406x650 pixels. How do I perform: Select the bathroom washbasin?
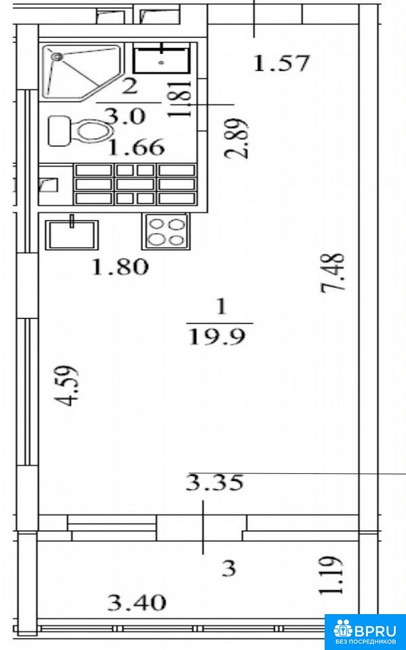pos(162,58)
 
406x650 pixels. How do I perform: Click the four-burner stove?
pos(165,232)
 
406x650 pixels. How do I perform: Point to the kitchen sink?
pos(72,234)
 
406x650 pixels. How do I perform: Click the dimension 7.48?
pos(333,273)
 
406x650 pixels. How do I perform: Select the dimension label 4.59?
pos(66,386)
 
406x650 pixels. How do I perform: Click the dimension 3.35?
pos(214,483)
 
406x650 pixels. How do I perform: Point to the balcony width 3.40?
pos(137,603)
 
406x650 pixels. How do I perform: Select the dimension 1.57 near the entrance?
pos(281,64)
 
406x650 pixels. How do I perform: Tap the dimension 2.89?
pos(237,139)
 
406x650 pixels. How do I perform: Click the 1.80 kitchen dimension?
pos(120,267)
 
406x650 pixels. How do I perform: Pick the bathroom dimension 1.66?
pos(136,148)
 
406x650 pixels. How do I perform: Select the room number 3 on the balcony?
pos(228,568)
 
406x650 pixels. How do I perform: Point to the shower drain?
pos(56,56)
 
